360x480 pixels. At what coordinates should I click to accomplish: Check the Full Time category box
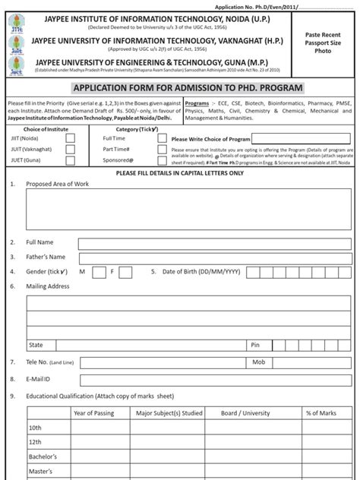coord(162,139)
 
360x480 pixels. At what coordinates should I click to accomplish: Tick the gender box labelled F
coord(125,271)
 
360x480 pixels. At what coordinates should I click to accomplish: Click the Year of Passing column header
coord(94,412)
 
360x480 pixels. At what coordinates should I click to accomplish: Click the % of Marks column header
coord(321,412)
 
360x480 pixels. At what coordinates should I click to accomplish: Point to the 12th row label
coord(36,442)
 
